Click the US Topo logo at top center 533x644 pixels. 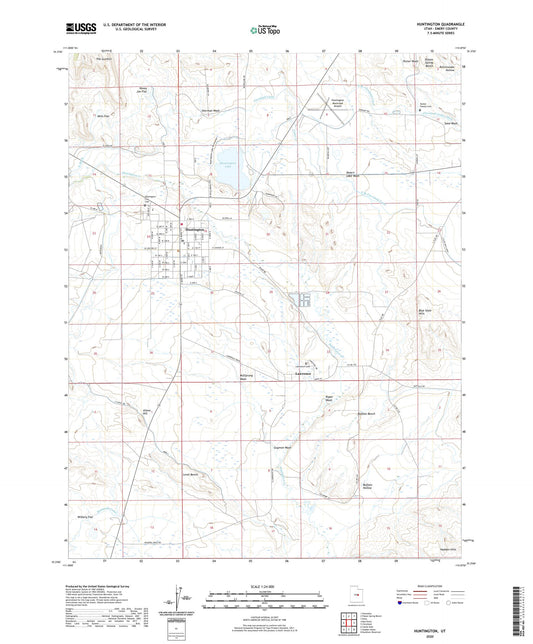(265, 32)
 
